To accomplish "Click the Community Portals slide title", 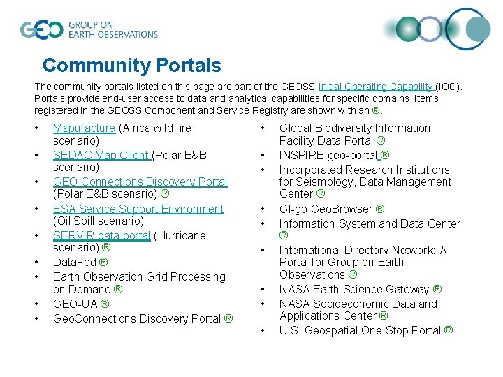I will coord(131,66).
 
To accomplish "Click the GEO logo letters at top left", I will coord(41,29).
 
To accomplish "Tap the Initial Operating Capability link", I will coord(377,87).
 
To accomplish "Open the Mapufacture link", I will coord(84,128).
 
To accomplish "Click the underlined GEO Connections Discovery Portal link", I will coord(140,182).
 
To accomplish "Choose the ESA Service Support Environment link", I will coord(138,209).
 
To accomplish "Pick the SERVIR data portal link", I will coord(101,235).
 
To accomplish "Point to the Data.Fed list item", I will coord(80,263).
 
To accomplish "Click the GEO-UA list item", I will coord(80,304).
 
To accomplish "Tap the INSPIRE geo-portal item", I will coord(334,155).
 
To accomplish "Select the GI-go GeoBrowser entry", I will coord(332,209).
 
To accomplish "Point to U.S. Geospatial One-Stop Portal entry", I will coord(365,330).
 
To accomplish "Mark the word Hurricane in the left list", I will coord(180,235).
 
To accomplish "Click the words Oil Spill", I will coord(79,221).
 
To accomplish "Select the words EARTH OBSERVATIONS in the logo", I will coord(113,34).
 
